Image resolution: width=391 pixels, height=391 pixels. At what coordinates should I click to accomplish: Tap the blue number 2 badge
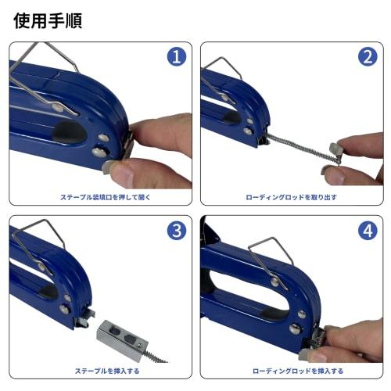point(368,57)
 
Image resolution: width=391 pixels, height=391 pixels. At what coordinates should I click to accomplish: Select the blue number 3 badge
point(176,231)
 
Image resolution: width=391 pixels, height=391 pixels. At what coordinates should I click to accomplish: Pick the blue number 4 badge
point(367,231)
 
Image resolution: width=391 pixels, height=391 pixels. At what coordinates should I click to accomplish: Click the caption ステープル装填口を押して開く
point(99,197)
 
